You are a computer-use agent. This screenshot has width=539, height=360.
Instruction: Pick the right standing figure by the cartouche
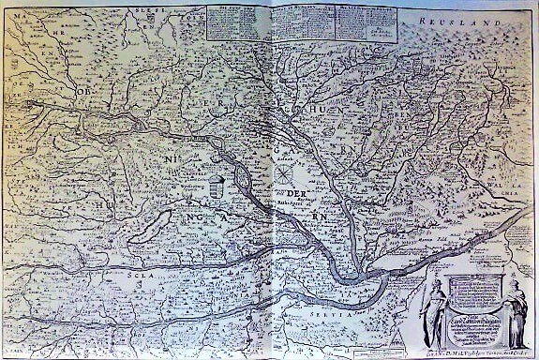point(512,313)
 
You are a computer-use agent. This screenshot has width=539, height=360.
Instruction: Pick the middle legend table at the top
point(299,22)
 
